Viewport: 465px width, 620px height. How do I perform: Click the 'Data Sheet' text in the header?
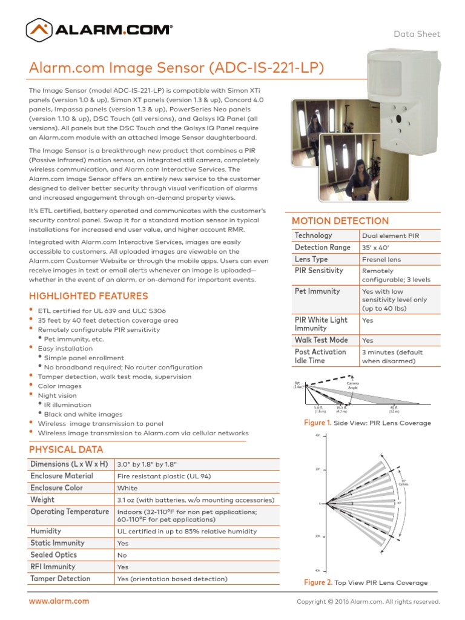pos(417,34)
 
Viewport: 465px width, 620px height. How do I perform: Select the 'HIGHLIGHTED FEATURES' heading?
pos(88,296)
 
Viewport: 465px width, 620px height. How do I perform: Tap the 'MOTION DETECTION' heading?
pos(340,221)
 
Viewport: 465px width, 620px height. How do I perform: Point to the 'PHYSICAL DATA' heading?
pos(66,449)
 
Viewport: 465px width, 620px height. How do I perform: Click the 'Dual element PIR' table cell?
pos(391,236)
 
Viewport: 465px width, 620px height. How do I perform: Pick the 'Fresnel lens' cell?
pos(381,259)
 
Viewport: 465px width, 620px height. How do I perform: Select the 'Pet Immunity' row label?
pos(317,291)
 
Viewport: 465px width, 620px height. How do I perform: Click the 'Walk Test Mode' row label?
pos(321,340)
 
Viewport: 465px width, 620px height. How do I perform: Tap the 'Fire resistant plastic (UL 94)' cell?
pos(163,477)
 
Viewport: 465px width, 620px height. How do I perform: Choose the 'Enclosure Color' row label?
pos(57,488)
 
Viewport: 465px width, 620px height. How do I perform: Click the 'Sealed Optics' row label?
pos(54,555)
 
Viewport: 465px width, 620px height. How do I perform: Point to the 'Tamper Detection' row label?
pos(61,579)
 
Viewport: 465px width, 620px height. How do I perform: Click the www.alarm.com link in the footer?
pos(59,601)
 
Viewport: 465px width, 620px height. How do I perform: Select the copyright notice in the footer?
pos(368,602)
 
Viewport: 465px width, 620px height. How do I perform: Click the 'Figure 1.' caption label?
pos(318,423)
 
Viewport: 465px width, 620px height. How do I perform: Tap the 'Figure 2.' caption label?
pos(318,582)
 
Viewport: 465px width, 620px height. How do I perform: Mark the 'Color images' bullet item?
pos(59,386)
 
